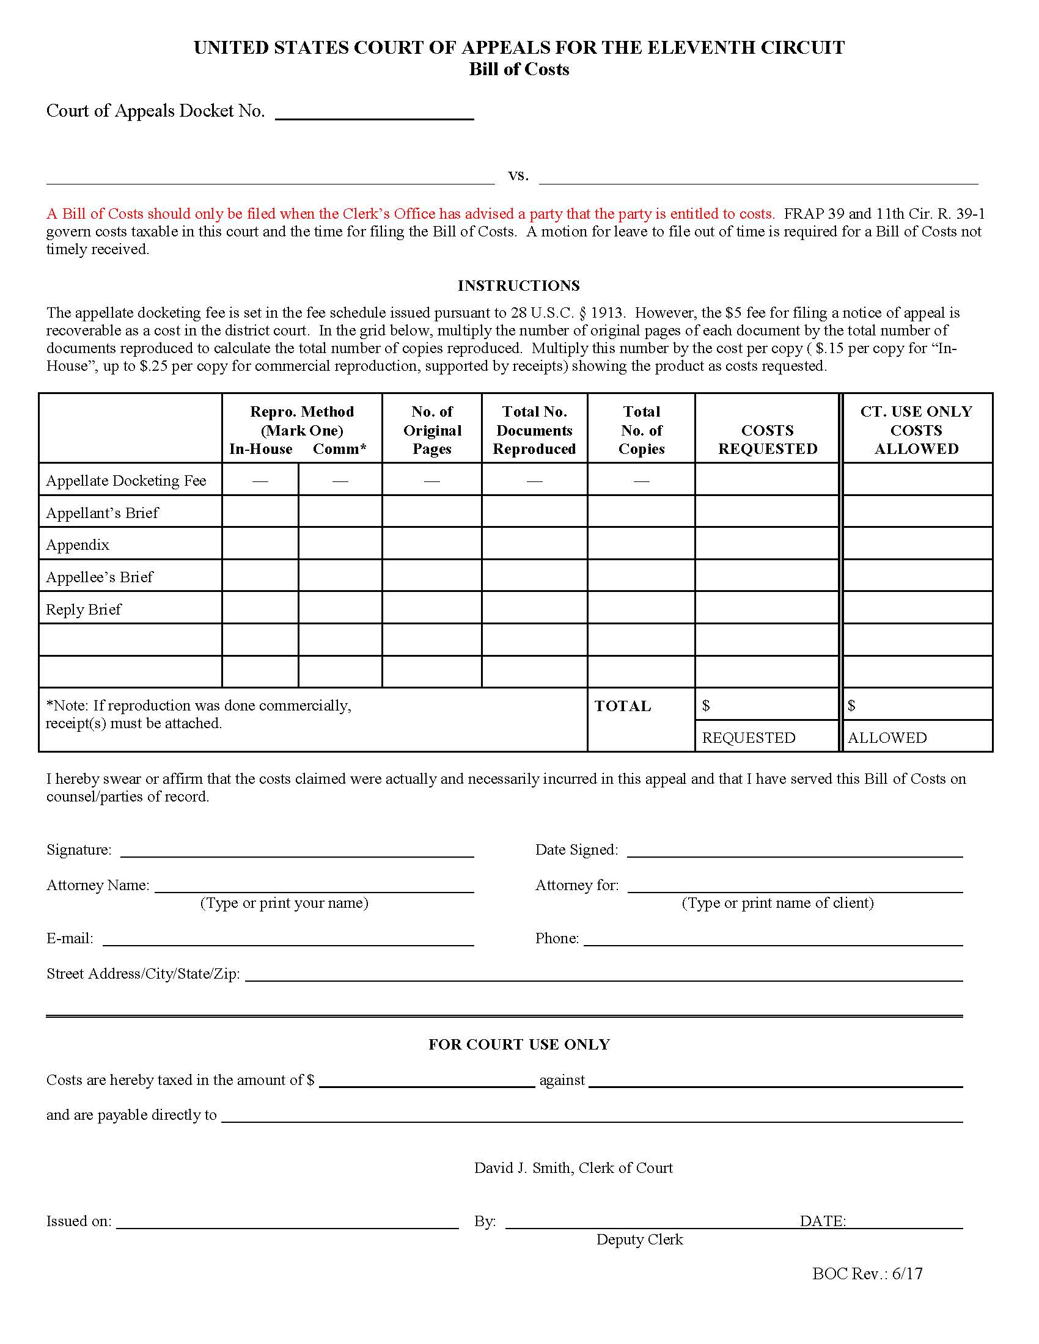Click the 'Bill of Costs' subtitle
(519, 69)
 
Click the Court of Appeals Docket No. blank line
(374, 112)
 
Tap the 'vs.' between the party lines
(518, 175)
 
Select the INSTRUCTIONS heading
(518, 285)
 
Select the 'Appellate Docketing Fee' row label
(126, 481)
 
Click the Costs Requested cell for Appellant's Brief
(767, 511)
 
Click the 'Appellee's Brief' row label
(100, 577)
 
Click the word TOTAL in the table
(622, 706)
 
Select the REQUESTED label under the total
(749, 737)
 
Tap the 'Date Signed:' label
(576, 850)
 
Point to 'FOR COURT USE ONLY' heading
(519, 1044)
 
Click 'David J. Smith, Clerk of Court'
(573, 1168)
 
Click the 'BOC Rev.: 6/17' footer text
(867, 1274)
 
